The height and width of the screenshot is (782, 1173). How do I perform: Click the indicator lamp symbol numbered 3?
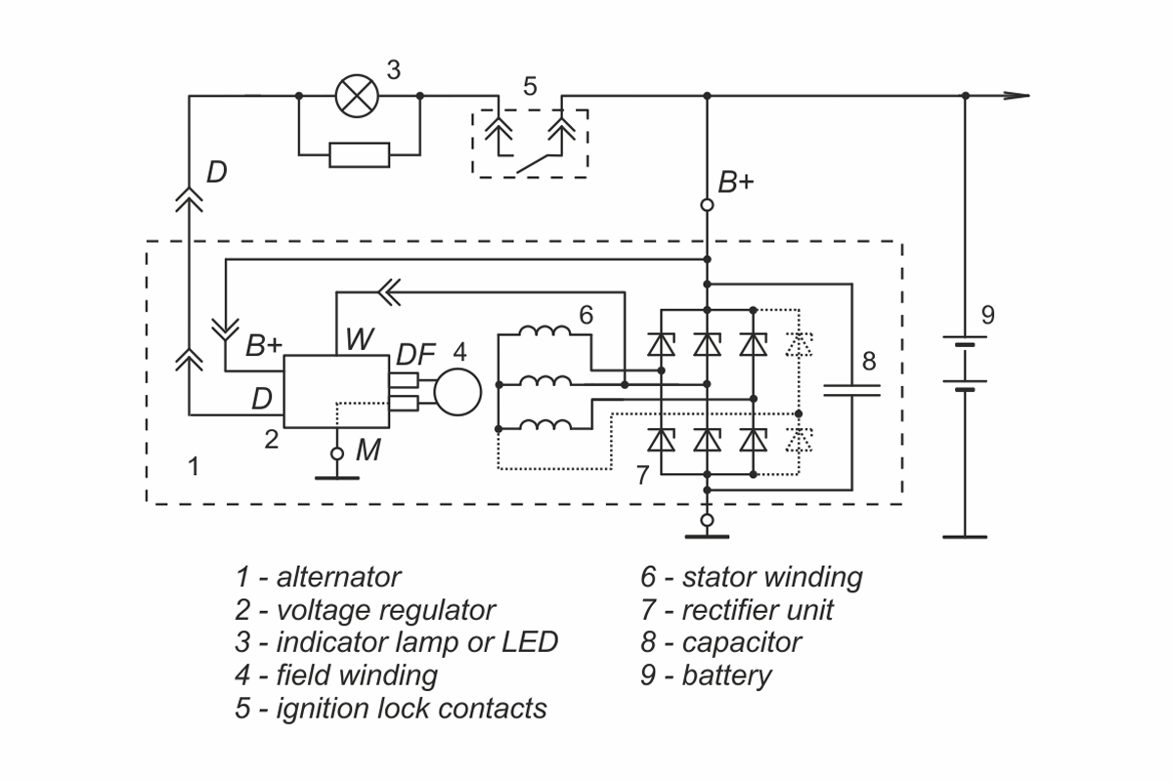coord(357,96)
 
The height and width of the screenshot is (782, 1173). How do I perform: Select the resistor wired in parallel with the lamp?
coord(360,155)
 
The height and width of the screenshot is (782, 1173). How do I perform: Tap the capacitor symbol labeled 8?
coord(852,390)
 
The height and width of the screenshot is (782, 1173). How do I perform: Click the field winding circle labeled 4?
coord(457,392)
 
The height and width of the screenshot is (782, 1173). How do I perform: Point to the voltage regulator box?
coord(336,392)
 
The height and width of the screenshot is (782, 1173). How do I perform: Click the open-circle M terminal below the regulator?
coord(337,454)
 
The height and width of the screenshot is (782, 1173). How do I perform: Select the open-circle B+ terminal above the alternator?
coord(707,205)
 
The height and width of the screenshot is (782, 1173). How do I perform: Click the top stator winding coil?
coord(544,331)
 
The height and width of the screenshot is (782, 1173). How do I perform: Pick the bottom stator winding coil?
coord(544,424)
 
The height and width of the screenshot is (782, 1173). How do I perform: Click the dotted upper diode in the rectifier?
coord(800,345)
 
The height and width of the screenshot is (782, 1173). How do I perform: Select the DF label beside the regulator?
coord(415,355)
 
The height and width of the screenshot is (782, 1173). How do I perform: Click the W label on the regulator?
coord(360,339)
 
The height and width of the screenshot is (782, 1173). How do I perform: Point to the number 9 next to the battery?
coord(987,315)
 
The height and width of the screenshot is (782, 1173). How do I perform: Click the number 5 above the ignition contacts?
coord(530,86)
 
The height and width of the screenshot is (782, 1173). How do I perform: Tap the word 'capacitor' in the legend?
coord(742,642)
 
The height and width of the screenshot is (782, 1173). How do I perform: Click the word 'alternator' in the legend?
coord(338,577)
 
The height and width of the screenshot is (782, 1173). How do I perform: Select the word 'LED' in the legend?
coord(530,642)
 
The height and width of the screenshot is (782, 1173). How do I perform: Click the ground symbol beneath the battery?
coord(965,537)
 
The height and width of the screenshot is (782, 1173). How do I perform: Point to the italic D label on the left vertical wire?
coord(217,172)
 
